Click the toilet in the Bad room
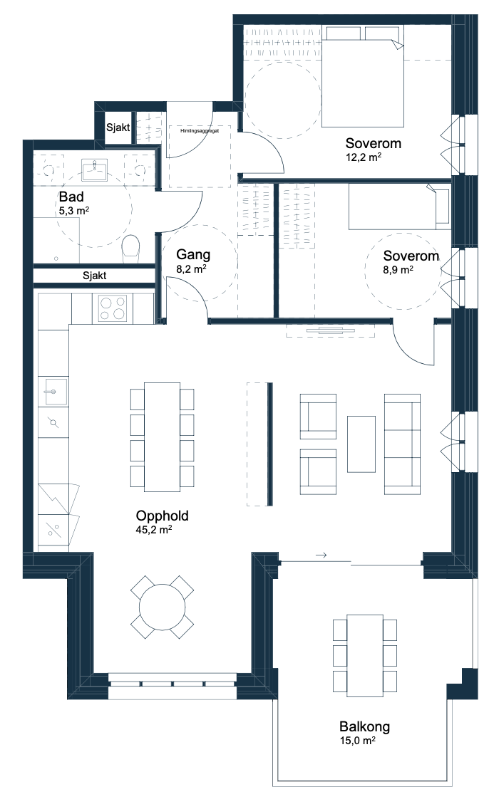tap(131, 249)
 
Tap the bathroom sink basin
tap(95, 169)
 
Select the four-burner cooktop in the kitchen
tap(113, 308)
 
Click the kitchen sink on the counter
tap(53, 391)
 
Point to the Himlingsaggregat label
tap(200, 131)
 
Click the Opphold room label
tap(163, 516)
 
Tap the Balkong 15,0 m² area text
tap(357, 741)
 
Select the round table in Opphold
tap(163, 607)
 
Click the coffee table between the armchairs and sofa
tap(361, 444)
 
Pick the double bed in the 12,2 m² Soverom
tap(363, 76)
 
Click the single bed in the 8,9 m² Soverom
tap(399, 206)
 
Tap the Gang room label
tap(193, 254)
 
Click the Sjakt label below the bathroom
tap(95, 276)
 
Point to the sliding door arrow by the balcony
tap(321, 555)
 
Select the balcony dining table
tap(365, 655)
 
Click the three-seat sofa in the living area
tap(403, 444)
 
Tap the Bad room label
tap(71, 197)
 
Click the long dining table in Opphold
tap(162, 437)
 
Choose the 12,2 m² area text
tap(364, 157)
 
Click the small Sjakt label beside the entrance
tap(118, 127)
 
